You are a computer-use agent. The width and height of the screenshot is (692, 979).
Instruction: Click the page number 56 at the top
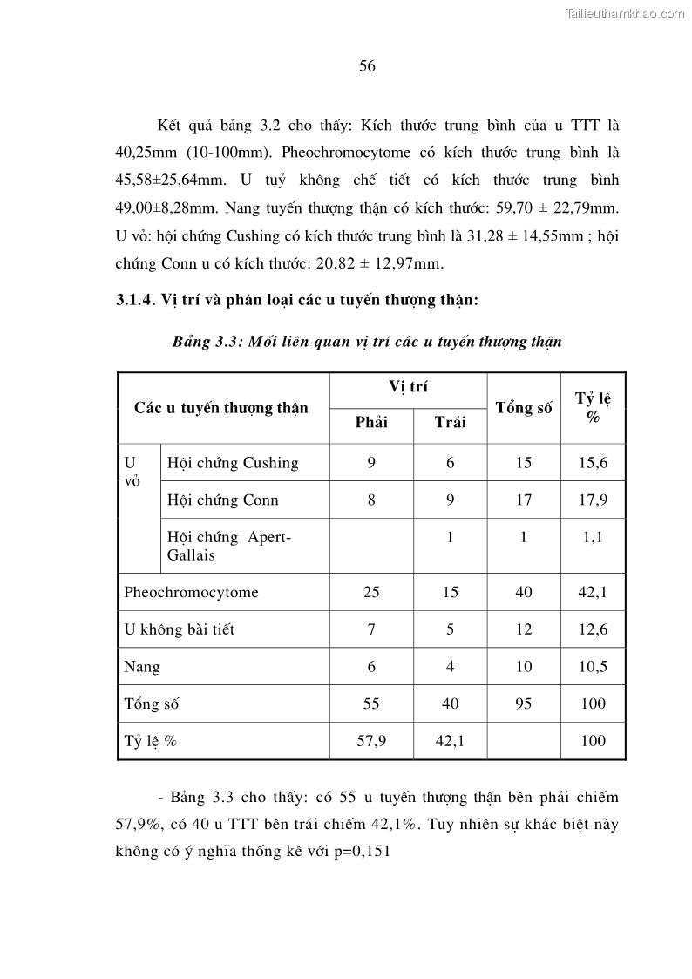pyautogui.click(x=367, y=66)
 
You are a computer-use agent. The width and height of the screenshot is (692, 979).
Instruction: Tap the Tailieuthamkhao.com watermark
pyautogui.click(x=625, y=13)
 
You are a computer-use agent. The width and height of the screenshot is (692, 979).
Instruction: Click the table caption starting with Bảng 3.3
pyautogui.click(x=366, y=342)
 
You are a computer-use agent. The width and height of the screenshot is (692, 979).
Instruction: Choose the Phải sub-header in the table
pyautogui.click(x=371, y=422)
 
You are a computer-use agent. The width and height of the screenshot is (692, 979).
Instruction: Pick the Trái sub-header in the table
pyautogui.click(x=450, y=422)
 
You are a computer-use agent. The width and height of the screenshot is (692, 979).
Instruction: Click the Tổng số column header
pyautogui.click(x=523, y=407)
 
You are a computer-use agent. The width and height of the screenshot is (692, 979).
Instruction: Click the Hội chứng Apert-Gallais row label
pyautogui.click(x=228, y=546)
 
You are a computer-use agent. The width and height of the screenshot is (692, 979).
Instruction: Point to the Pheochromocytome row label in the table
pyautogui.click(x=191, y=592)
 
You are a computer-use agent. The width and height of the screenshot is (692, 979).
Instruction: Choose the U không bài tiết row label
pyautogui.click(x=179, y=629)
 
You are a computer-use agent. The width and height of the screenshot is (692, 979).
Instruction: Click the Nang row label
pyautogui.click(x=142, y=666)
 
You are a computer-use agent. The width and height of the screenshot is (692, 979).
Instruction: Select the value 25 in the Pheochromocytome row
pyautogui.click(x=371, y=592)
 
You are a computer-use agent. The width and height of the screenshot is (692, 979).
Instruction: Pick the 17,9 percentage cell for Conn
pyautogui.click(x=593, y=500)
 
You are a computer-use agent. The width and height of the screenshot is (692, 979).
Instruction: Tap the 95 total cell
pyautogui.click(x=523, y=704)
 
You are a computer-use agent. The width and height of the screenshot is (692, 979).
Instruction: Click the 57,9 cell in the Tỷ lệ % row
pyautogui.click(x=371, y=741)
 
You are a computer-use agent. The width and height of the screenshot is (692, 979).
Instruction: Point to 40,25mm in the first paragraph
pyautogui.click(x=145, y=152)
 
